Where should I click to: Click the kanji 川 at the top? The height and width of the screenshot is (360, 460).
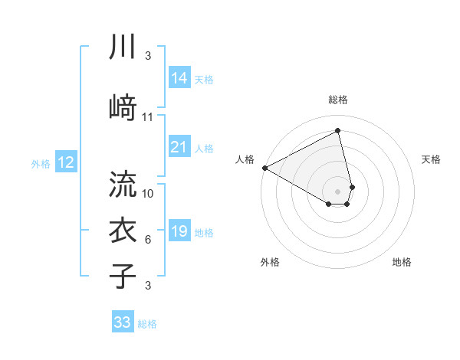123,46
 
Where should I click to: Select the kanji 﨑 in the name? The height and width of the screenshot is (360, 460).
123,107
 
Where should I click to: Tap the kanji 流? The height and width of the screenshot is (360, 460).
123,184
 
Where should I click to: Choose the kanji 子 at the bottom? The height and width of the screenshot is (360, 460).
123,275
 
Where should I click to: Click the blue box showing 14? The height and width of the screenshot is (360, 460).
179,78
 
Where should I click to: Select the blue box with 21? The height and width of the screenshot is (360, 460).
179,147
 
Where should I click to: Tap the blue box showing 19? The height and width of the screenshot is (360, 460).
179,231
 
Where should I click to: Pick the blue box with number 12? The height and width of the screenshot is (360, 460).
65,162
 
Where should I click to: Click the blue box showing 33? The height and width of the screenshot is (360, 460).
123,322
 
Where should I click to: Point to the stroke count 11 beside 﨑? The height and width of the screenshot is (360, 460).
148,117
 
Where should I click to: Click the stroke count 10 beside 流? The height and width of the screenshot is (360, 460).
148,193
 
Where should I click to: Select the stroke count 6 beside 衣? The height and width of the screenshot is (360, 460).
148,240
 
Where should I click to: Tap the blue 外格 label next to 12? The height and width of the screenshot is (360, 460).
41,163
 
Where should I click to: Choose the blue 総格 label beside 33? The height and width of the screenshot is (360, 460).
147,324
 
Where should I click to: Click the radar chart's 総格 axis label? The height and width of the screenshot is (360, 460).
338,100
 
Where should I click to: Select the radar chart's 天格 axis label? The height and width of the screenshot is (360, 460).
431,159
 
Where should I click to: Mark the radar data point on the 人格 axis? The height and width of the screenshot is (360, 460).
264,168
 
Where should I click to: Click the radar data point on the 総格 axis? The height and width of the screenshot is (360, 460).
338,131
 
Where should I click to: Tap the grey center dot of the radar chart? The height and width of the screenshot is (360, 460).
338,191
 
